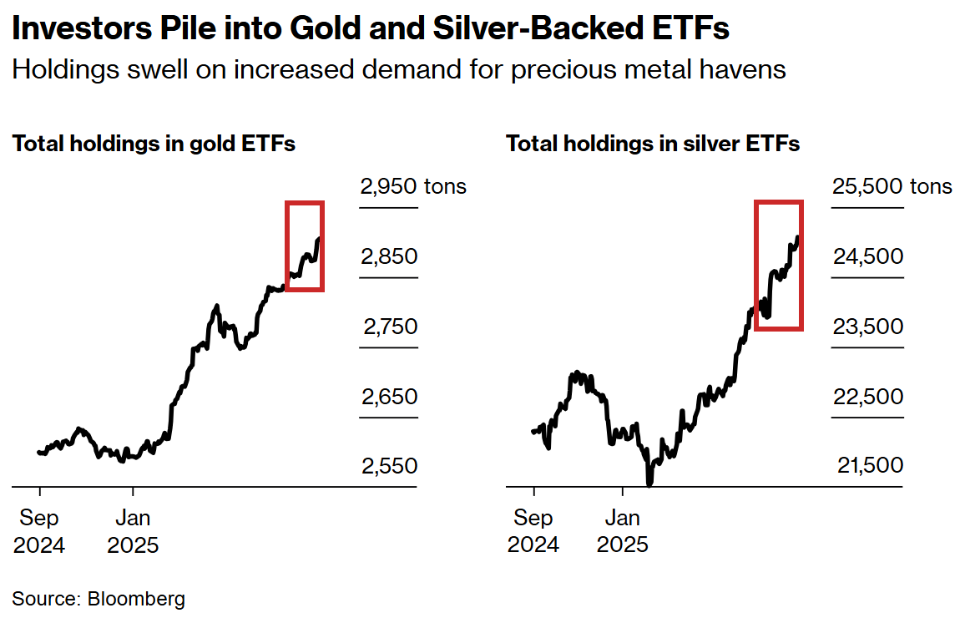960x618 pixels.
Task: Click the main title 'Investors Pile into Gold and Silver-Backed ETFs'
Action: [371, 29]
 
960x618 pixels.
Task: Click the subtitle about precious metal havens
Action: [398, 68]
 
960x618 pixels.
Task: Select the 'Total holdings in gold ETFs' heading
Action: [154, 144]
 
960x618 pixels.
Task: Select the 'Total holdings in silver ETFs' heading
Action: [653, 144]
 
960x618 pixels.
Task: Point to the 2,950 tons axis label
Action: [412, 186]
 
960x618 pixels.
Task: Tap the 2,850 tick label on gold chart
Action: [389, 256]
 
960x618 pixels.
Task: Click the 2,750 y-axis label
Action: [389, 327]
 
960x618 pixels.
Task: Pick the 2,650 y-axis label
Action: [389, 397]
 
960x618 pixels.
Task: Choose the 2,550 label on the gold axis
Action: [389, 466]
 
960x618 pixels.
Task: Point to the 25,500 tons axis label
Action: [891, 186]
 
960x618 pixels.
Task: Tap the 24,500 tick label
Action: [867, 256]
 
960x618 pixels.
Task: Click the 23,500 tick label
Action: [867, 327]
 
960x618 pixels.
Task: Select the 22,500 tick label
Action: [867, 397]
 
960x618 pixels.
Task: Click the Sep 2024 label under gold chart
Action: [39, 531]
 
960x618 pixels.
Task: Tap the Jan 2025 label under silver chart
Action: [622, 531]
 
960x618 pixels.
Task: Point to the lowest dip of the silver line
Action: [649, 482]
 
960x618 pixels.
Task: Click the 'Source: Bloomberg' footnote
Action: [99, 598]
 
